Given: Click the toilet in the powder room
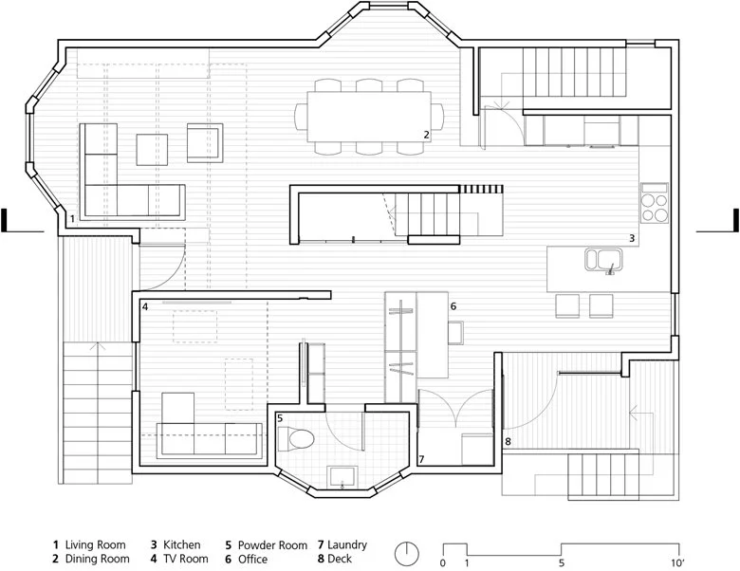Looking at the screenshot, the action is [x=296, y=439].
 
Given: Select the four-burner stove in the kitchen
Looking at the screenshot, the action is [x=655, y=203].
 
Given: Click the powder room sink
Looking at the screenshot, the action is [x=342, y=476].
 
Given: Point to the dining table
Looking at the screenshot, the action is [x=369, y=117].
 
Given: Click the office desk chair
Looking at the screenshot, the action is [x=456, y=333].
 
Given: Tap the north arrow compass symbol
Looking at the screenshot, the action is [x=406, y=554].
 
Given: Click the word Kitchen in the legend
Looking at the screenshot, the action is [x=182, y=545].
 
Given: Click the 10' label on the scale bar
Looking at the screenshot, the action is [x=678, y=562].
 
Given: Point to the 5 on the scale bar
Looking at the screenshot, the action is [x=562, y=562].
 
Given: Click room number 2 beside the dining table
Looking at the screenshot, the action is [x=426, y=135].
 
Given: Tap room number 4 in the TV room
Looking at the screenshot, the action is [x=145, y=307].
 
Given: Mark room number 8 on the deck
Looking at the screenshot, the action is [x=508, y=442].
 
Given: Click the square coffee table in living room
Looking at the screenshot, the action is [x=152, y=150].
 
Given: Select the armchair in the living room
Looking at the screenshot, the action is [x=205, y=143].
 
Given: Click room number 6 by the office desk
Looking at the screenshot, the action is [x=453, y=306].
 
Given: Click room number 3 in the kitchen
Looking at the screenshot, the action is [x=632, y=238].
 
